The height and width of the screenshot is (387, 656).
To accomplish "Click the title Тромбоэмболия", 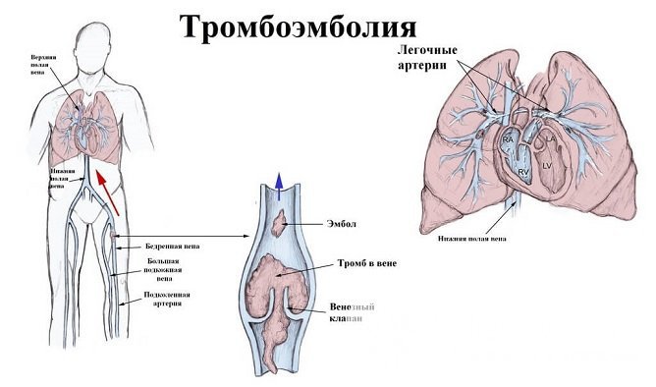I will point(298,28).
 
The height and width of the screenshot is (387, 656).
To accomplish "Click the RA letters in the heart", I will point(508,141).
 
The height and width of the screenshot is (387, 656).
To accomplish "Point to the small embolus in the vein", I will point(282,225).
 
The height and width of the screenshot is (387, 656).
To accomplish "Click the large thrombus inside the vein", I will point(280,286).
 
